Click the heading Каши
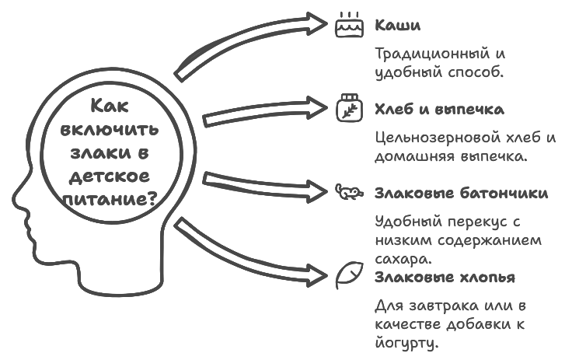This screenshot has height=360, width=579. [x=397, y=25]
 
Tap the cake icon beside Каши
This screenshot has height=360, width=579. [x=348, y=26]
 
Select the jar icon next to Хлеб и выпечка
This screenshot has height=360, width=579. [x=348, y=108]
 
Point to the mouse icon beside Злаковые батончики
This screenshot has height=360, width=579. [x=347, y=191]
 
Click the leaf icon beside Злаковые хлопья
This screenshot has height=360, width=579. [x=348, y=275]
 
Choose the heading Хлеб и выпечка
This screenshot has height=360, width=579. [x=439, y=109]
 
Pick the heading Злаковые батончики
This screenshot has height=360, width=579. [x=461, y=193]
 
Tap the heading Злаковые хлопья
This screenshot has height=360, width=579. [x=444, y=277]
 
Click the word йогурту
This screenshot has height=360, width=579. [x=407, y=342]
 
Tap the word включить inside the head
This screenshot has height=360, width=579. [x=110, y=130]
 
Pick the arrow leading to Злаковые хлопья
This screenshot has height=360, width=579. [x=249, y=250]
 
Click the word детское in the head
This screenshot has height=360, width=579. [x=111, y=176]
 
